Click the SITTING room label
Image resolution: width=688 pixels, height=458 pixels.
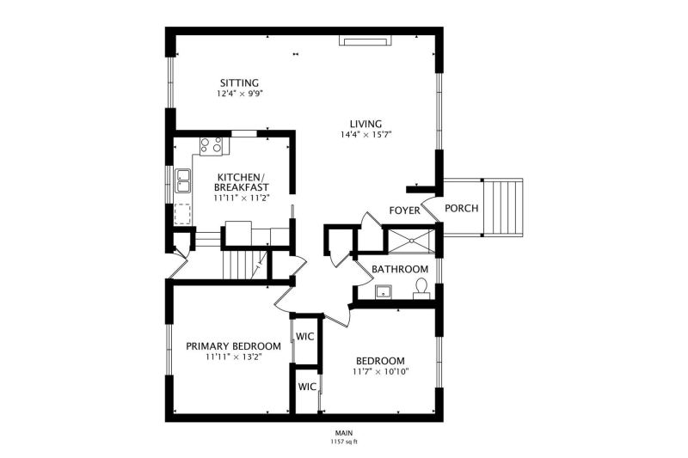pos(239,82)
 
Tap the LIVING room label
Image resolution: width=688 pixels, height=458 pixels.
pos(365,124)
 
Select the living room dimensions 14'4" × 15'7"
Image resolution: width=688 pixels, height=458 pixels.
pos(365,135)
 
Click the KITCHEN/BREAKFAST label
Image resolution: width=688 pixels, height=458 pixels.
pos(242,182)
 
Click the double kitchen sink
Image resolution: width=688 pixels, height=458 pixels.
pos(182,180)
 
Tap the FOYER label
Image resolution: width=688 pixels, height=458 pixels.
pos(404,211)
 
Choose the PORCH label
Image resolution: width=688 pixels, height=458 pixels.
pos(462,208)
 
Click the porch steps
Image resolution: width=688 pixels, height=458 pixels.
pos(503,207)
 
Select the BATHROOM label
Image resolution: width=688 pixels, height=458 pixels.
pos(400,269)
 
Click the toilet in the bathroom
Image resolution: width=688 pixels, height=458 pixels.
pos(421,289)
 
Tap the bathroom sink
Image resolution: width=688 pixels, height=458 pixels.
pos(383,291)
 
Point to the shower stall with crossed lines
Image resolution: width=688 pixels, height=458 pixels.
pos(412,241)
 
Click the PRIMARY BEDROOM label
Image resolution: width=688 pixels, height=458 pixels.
pos(233,346)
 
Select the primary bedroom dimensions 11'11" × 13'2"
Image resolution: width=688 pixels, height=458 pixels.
pos(233,357)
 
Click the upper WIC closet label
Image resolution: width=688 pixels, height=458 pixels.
pos(305,337)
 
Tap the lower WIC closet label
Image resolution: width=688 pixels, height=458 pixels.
pos(307,387)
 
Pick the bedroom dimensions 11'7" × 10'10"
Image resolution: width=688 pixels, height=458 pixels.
pos(380,372)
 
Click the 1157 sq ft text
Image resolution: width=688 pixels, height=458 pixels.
pos(344,442)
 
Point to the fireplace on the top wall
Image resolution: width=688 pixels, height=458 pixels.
pos(365,40)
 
